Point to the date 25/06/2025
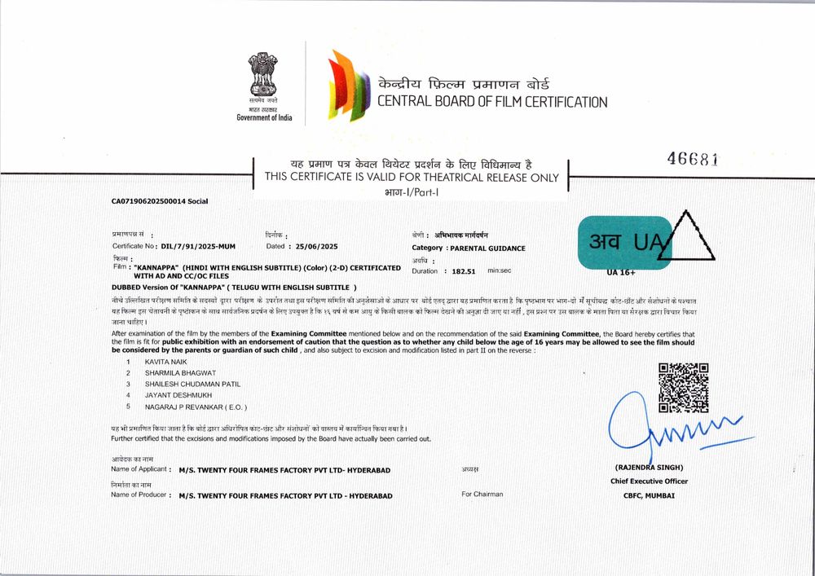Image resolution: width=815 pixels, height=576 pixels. [x=313, y=245]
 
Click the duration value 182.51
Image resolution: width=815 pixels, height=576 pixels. [x=463, y=270]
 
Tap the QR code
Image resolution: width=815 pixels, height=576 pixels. [x=682, y=388]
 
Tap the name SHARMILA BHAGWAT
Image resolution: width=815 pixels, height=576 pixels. [x=181, y=372]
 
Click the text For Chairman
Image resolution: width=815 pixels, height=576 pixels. [x=482, y=494]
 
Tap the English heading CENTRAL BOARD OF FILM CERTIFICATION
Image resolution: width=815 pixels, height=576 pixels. [x=491, y=103]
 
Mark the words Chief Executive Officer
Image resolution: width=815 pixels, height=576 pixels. [x=649, y=481]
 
